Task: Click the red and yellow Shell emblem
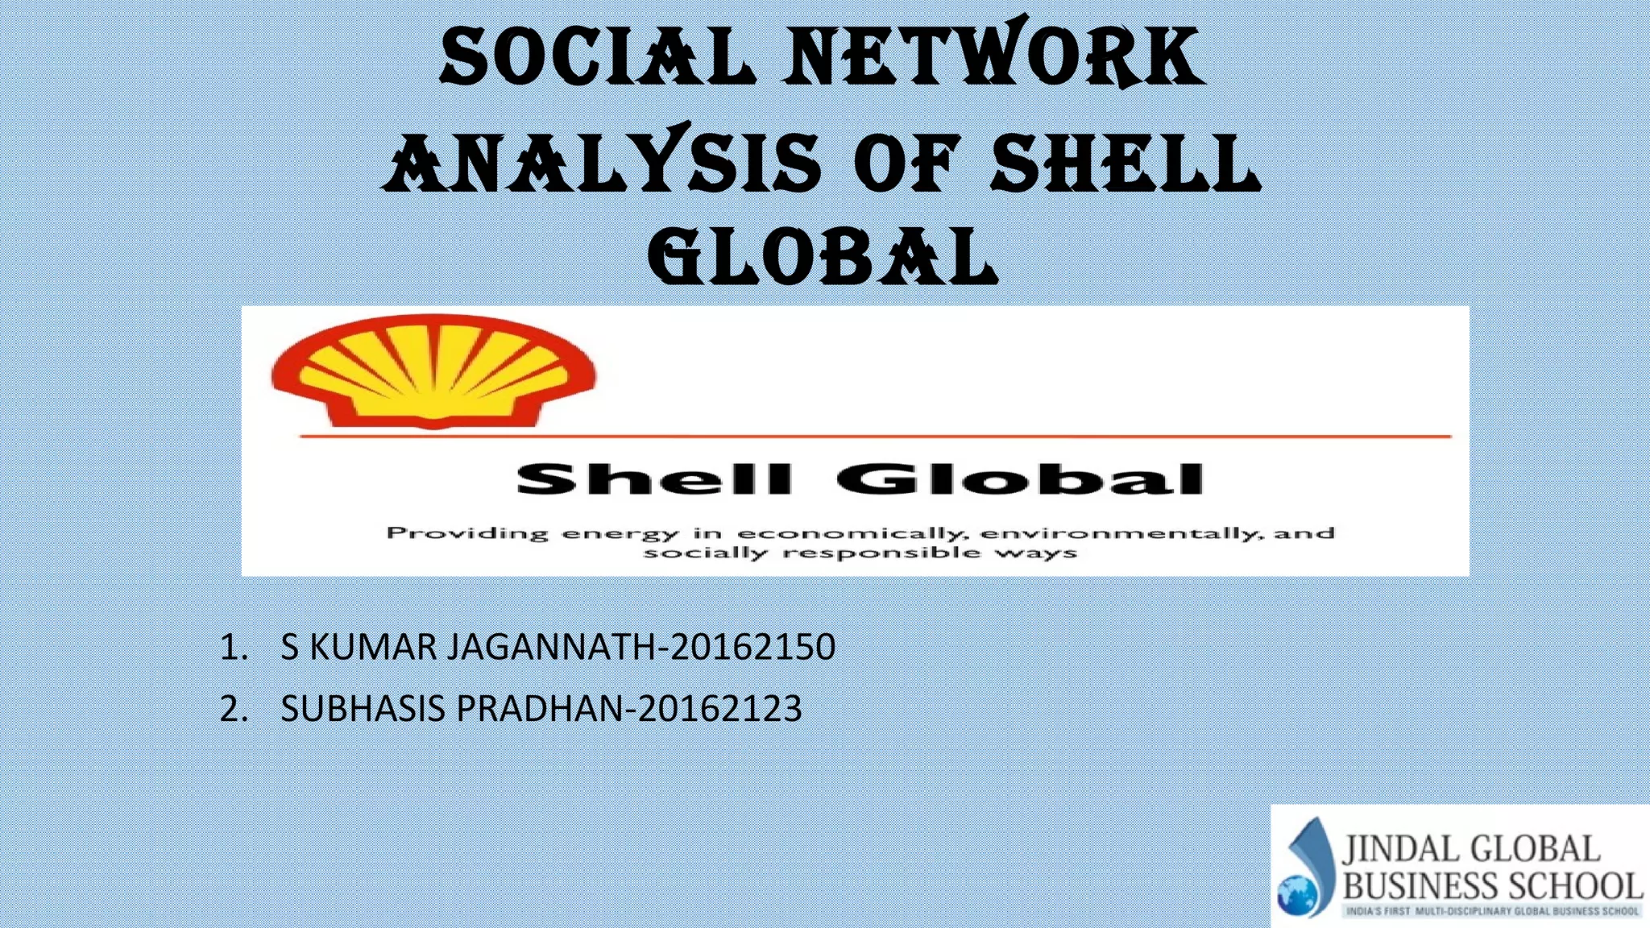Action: tap(433, 371)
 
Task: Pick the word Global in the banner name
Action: tap(1020, 479)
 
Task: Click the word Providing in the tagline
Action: tap(467, 533)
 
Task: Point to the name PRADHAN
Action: tap(540, 709)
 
